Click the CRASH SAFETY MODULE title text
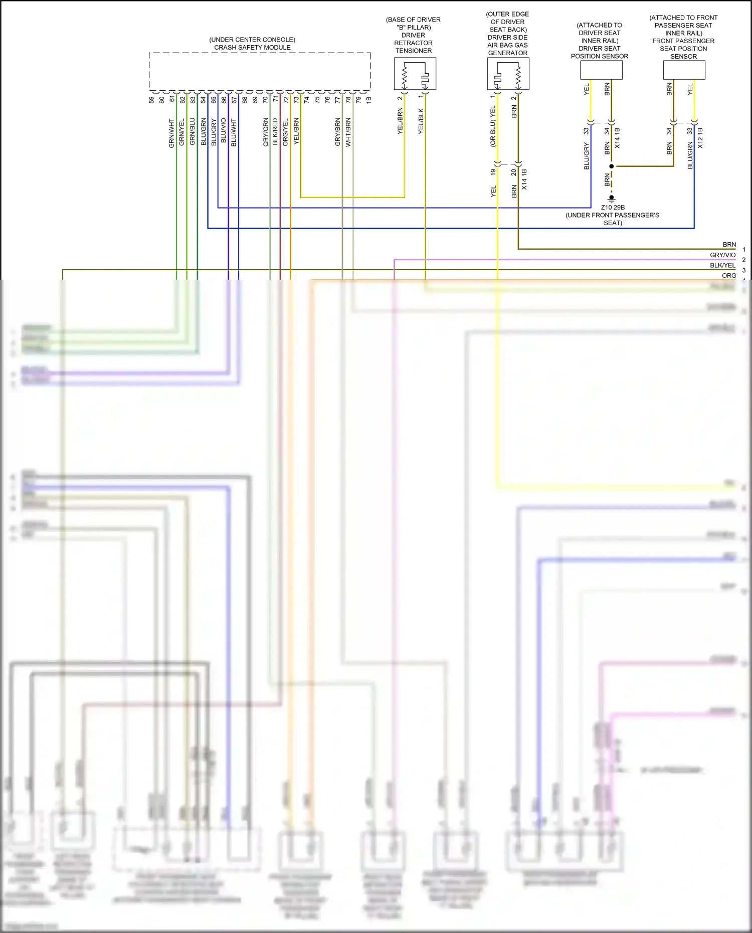pos(252,48)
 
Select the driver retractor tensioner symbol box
pos(415,74)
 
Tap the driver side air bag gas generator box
pos(508,74)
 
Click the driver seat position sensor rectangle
pos(601,70)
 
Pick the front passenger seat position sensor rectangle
pos(684,70)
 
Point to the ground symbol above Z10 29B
pos(611,198)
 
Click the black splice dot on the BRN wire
pos(611,166)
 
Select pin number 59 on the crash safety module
pos(151,100)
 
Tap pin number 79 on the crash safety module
pos(358,100)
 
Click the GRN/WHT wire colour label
pos(171,133)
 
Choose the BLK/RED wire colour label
pos(275,132)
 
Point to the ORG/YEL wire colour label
pos(285,132)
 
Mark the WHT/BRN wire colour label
pos(348,132)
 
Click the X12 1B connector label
pos(700,138)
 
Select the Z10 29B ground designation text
pos(613,207)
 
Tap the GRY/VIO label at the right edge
pos(722,255)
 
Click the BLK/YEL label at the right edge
pos(722,265)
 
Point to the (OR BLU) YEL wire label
pos(493,126)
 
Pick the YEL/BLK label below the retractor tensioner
pos(421,121)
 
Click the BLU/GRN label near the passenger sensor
pos(690,155)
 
